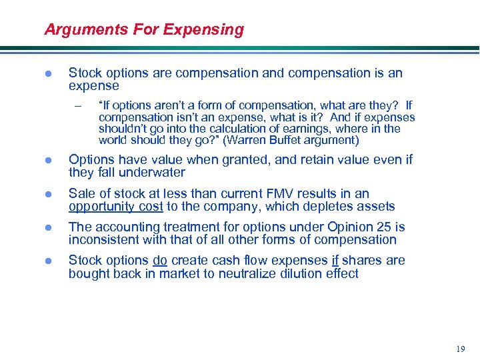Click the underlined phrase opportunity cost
coord(115,207)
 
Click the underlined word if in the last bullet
coord(335,260)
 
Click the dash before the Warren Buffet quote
coord(77,105)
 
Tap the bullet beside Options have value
coord(47,161)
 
